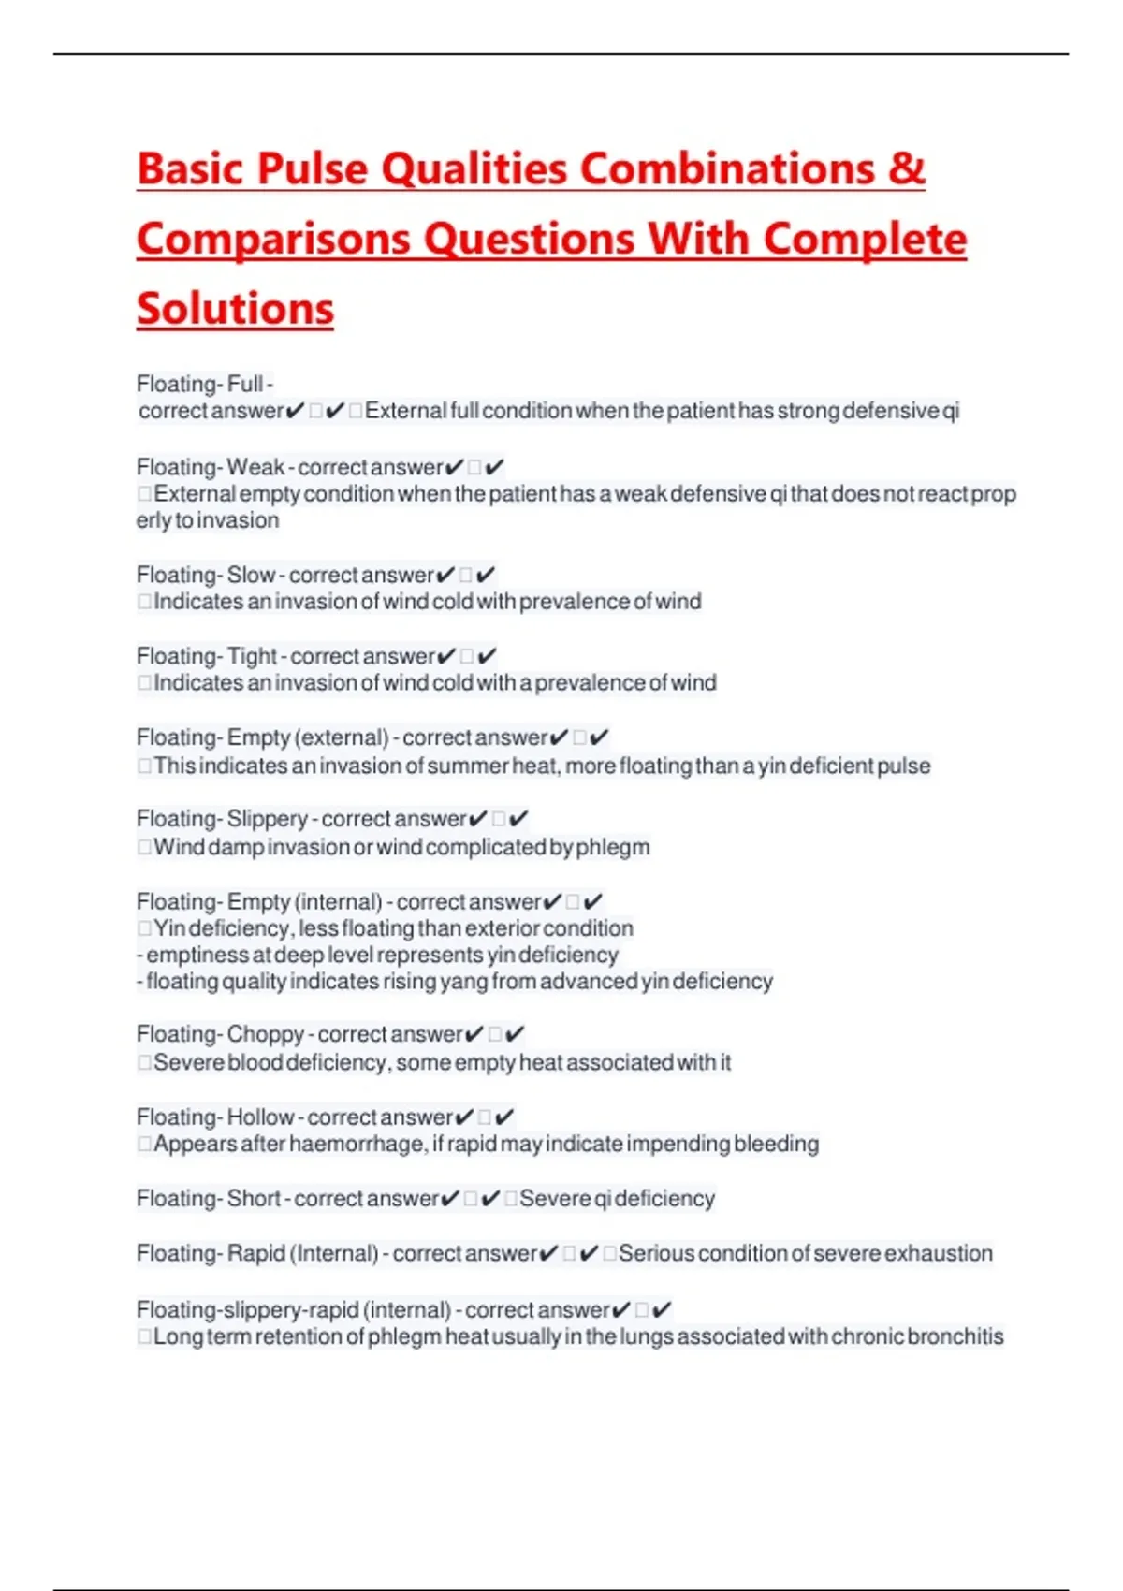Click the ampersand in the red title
[906, 169]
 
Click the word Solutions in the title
[235, 309]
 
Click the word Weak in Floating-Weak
[255, 467]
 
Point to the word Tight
[252, 656]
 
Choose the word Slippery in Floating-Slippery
[267, 819]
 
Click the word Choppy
[265, 1034]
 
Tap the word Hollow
[260, 1117]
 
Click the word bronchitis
[955, 1336]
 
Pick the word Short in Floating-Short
[253, 1198]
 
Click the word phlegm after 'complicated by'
[612, 847]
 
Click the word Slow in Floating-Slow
[251, 575]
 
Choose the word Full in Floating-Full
[244, 384]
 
